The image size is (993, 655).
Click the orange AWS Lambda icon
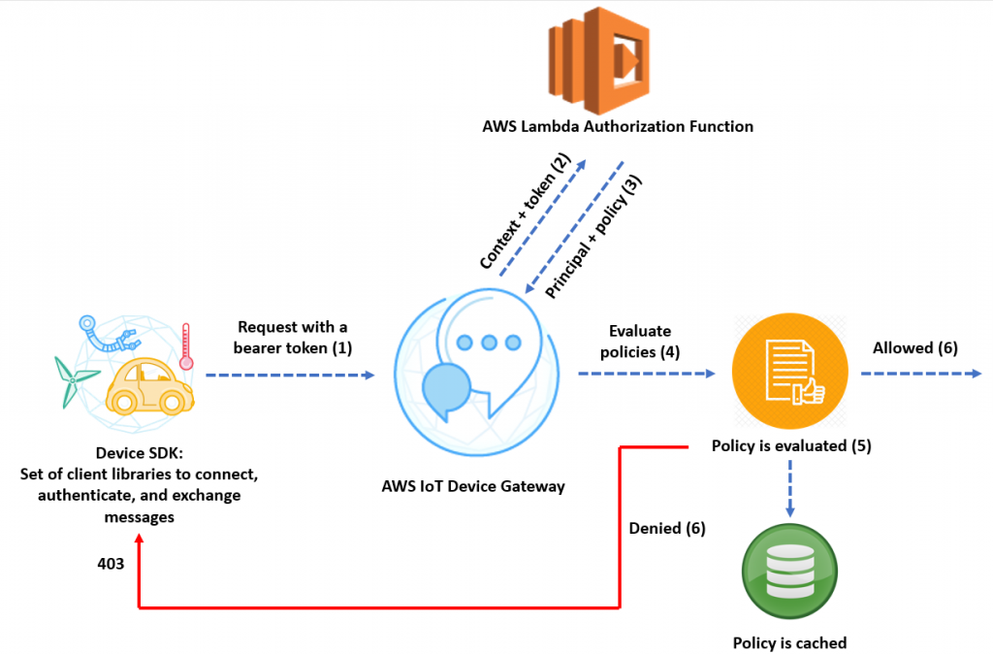click(x=599, y=60)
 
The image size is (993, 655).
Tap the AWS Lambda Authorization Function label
click(x=618, y=127)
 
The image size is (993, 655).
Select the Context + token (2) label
click(x=525, y=211)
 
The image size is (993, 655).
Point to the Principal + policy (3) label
click(x=593, y=236)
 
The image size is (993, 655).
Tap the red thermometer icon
click(x=185, y=346)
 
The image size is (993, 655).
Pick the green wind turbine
click(x=73, y=381)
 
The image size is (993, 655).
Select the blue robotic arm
click(x=108, y=334)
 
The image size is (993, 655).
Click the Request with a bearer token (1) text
click(x=293, y=338)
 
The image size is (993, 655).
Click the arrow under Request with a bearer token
click(x=290, y=375)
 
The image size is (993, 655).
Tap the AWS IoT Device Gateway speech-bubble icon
click(x=477, y=372)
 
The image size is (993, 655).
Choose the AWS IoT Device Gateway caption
click(x=473, y=486)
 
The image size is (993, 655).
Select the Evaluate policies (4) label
click(x=640, y=342)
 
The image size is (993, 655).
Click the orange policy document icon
click(x=789, y=372)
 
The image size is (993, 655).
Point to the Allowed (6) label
click(x=915, y=347)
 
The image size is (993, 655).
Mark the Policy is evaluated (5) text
click(x=791, y=446)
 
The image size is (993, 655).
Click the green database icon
click(x=789, y=572)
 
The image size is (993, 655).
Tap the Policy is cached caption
click(x=789, y=643)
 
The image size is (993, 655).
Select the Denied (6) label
click(x=667, y=528)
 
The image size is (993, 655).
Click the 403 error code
click(x=111, y=564)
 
